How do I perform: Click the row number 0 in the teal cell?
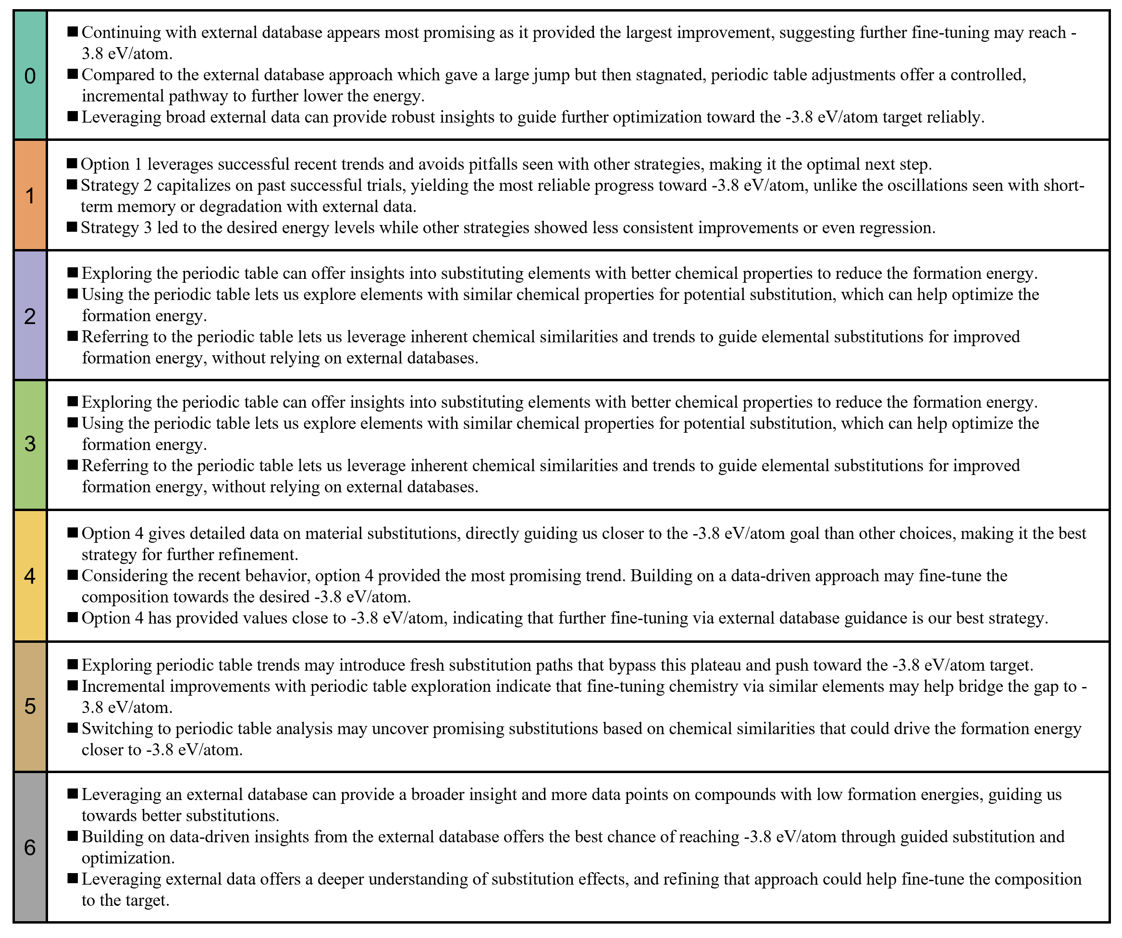tap(30, 76)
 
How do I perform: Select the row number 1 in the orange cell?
tap(30, 196)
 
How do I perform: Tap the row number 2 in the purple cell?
tap(30, 316)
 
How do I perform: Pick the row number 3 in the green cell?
tap(30, 444)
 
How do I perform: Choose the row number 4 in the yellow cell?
tap(30, 575)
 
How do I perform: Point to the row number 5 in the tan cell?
tap(30, 706)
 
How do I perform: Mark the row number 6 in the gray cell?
tap(30, 847)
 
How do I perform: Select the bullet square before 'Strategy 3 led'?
tap(72, 227)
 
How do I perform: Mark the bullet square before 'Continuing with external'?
tap(73, 32)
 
